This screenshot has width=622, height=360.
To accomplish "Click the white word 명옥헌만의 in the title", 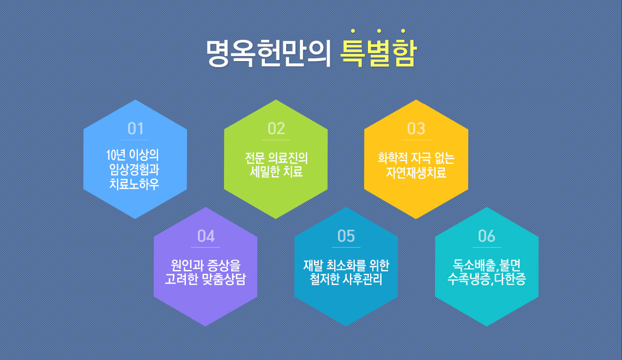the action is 269,53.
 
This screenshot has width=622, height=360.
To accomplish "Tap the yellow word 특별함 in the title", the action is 378,53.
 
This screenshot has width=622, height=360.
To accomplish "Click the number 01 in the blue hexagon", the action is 135,129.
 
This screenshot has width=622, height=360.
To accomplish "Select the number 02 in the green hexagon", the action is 276,129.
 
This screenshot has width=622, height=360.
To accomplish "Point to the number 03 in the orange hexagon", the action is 416,129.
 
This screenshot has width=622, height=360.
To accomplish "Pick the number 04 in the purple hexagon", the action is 206,236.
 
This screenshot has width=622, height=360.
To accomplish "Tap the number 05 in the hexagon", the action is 346,236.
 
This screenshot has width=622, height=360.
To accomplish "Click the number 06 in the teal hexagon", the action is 487,236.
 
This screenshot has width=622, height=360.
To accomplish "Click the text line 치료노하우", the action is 135,184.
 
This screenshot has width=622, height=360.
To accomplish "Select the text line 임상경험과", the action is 135,170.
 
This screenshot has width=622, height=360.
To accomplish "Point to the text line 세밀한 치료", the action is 276,172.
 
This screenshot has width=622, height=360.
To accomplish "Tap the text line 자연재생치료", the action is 416,172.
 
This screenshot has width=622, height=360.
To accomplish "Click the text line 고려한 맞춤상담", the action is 206,279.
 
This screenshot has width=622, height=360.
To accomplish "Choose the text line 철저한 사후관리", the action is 346,279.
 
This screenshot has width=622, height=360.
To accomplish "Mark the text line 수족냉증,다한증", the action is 487,279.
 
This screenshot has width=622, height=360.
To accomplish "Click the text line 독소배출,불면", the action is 487,265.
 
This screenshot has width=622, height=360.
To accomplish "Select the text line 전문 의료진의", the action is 276,158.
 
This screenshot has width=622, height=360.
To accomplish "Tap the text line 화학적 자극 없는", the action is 416,158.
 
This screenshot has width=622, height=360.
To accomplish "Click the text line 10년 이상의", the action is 133,155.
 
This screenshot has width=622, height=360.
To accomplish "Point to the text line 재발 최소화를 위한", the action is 346,265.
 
